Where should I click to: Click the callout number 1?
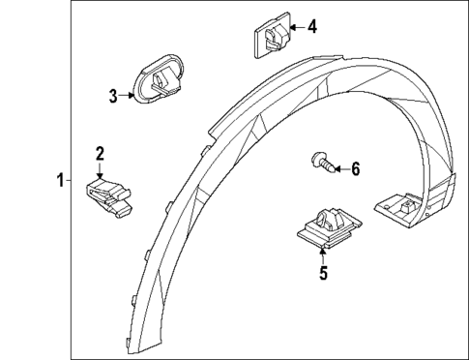click(x=60, y=179)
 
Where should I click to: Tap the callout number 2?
click(x=99, y=153)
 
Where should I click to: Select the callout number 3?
click(x=113, y=95)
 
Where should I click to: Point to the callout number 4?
click(x=311, y=26)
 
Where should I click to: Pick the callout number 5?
click(x=323, y=273)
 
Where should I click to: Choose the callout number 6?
click(x=354, y=169)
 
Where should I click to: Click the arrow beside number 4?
click(x=294, y=27)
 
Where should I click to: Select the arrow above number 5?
click(x=323, y=255)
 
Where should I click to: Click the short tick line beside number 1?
click(x=70, y=179)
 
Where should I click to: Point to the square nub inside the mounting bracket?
click(x=410, y=204)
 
